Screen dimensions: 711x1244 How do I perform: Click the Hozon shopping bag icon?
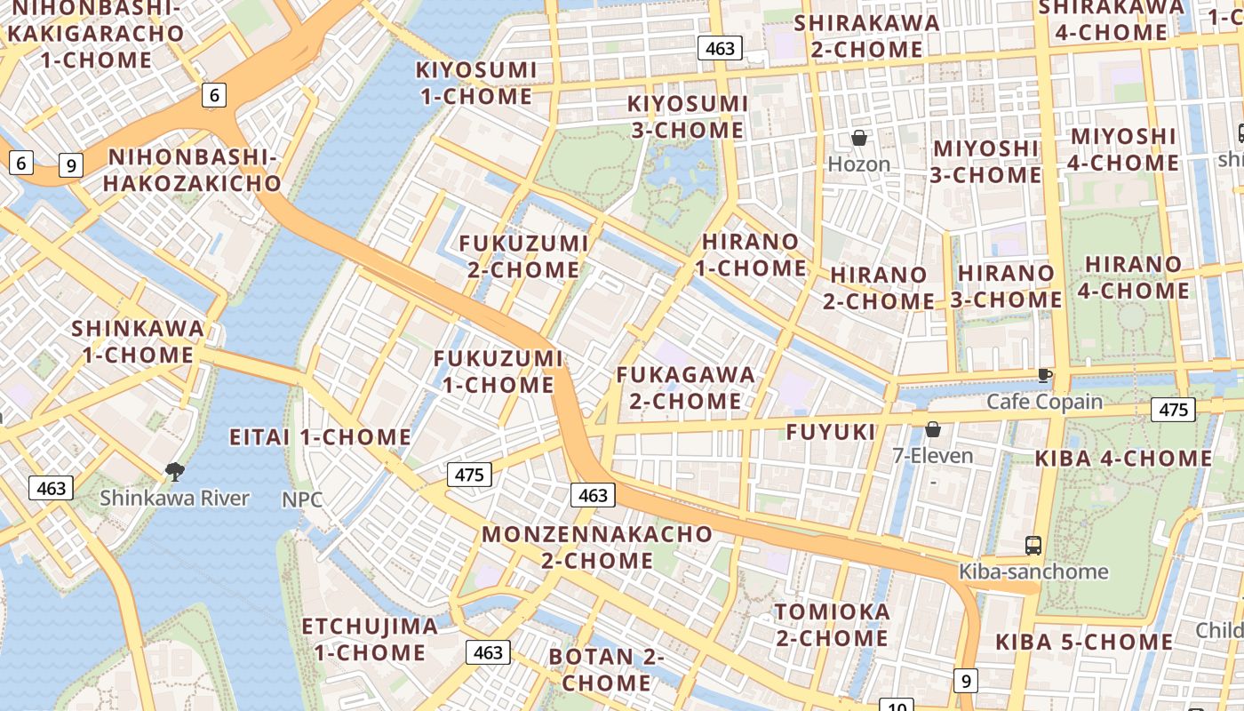tap(859, 139)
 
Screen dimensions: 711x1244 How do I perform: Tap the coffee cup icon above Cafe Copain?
tap(1044, 376)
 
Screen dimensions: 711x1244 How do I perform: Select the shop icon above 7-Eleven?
tap(933, 430)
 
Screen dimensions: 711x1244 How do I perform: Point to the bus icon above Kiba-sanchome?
tap(1033, 545)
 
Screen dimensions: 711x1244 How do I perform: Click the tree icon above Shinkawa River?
tap(175, 472)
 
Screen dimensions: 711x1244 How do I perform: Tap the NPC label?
tap(302, 499)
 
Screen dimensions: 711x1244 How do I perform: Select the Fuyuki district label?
tap(831, 433)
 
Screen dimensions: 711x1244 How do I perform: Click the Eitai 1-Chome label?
tap(320, 437)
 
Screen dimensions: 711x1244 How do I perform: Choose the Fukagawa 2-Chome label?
tap(685, 388)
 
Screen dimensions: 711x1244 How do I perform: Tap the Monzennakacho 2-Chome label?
tap(597, 547)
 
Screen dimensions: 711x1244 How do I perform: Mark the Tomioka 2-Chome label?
tap(833, 625)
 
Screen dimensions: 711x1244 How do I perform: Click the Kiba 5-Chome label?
tap(1083, 642)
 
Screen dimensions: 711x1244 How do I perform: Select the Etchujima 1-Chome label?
tap(370, 639)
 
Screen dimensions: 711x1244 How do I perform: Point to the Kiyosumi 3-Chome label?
tap(688, 116)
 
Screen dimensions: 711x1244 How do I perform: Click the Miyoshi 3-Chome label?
tap(985, 162)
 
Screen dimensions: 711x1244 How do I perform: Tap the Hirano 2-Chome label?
tap(878, 288)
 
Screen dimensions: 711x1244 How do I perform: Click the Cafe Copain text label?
tap(1044, 402)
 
